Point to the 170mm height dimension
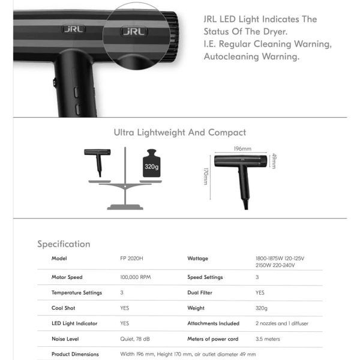pos(206,176)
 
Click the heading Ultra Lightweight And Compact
pos(179,133)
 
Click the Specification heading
pos(64,244)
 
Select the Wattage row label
pos(198,259)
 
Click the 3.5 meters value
pos(268,339)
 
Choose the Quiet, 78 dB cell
pos(135,339)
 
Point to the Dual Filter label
pos(201,293)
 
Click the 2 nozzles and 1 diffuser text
pos(282,323)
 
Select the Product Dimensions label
pos(75,354)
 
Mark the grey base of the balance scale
pos(125,207)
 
